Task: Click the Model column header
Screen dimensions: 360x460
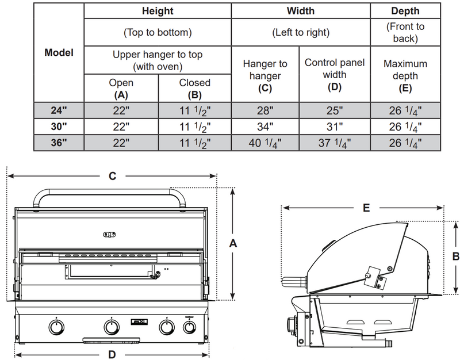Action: click(59, 52)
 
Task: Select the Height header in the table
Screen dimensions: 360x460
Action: click(158, 11)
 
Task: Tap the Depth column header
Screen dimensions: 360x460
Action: click(406, 11)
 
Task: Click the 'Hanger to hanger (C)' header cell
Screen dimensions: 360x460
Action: click(265, 75)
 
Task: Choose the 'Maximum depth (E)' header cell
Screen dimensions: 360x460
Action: click(406, 75)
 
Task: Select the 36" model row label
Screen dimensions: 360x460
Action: click(59, 143)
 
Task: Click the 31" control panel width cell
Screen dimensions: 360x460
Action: click(333, 127)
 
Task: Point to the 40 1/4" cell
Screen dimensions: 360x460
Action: click(265, 143)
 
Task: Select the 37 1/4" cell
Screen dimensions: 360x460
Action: click(333, 143)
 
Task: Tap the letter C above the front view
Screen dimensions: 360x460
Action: click(113, 177)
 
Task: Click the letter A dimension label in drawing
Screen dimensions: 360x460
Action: click(233, 244)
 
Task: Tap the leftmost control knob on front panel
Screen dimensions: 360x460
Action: click(55, 327)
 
